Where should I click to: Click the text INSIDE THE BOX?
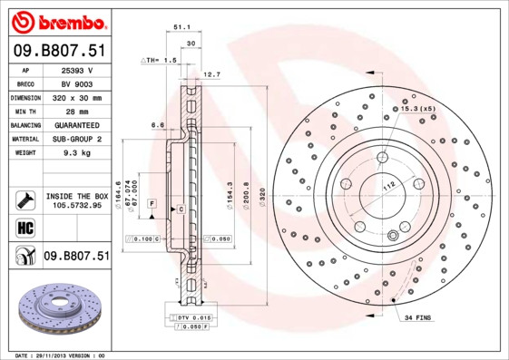[76, 196]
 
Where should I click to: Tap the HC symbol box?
[24, 228]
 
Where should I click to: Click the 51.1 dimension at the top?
[181, 27]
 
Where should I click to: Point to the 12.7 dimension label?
[210, 74]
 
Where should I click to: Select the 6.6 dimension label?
[156, 125]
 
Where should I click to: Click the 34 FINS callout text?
[418, 318]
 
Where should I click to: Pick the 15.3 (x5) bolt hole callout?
[416, 108]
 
